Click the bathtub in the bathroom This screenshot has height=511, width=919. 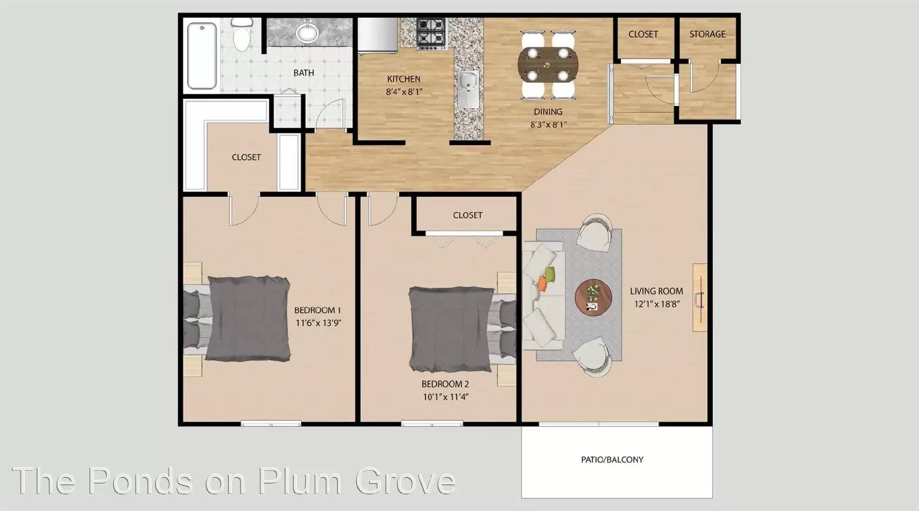pos(202,56)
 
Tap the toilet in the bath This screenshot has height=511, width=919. pos(242,34)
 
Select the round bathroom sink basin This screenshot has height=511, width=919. pos(307,32)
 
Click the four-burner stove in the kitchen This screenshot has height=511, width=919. pos(431,33)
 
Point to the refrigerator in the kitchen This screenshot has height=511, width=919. pos(377,36)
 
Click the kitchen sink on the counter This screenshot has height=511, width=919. pos(468,90)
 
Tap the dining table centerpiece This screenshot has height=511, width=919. pos(547,64)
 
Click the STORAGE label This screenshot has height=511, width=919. pos(707,34)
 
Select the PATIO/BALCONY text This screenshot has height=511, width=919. pos(612,460)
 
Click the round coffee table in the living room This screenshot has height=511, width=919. pos(593,298)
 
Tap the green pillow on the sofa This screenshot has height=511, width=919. pos(550,273)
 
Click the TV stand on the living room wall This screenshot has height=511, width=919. pos(700,298)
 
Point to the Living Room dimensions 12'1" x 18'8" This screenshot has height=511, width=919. pos(657,304)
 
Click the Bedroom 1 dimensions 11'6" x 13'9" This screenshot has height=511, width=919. pos(318,323)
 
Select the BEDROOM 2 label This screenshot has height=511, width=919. pos(445,384)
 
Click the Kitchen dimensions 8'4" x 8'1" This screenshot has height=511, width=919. pos(404,92)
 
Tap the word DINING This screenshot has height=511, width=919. pos(548,112)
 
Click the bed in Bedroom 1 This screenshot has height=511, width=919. pos(237,318)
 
